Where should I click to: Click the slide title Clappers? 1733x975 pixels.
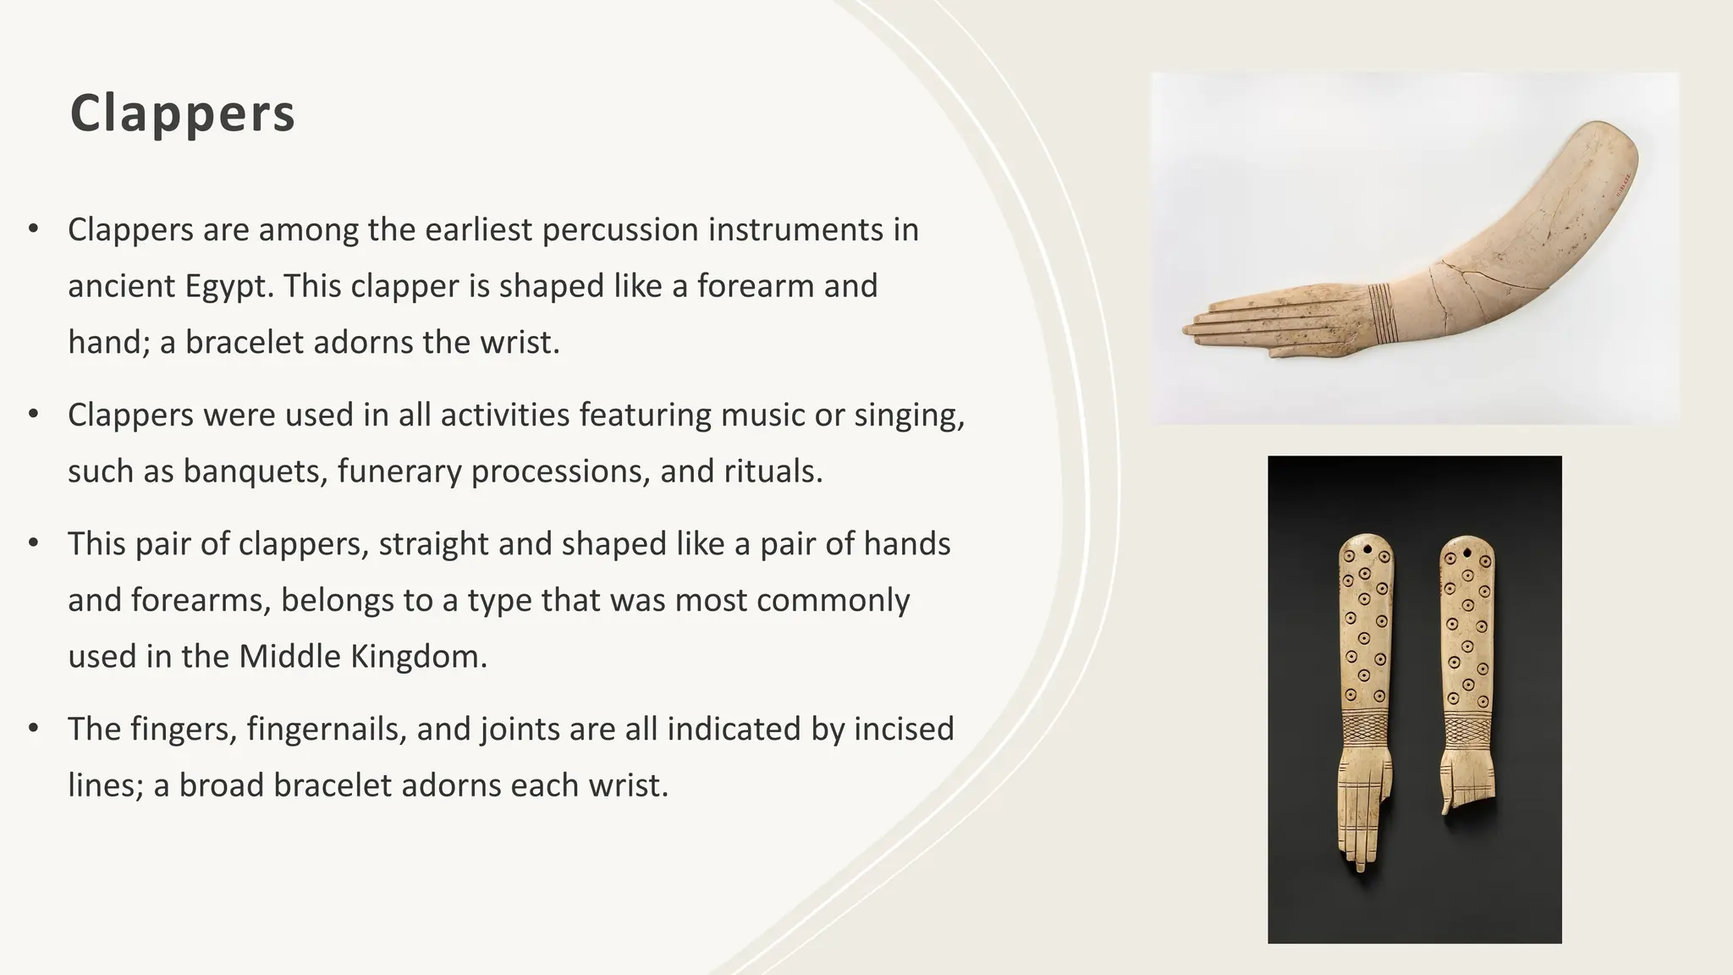pyautogui.click(x=183, y=113)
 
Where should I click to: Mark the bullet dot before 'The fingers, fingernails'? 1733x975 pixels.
pyautogui.click(x=34, y=728)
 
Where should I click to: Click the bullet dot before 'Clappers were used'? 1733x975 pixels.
pyautogui.click(x=34, y=414)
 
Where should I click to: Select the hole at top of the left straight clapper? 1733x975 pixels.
pyautogui.click(x=1366, y=548)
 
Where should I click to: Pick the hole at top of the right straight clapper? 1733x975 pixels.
pyautogui.click(x=1466, y=554)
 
